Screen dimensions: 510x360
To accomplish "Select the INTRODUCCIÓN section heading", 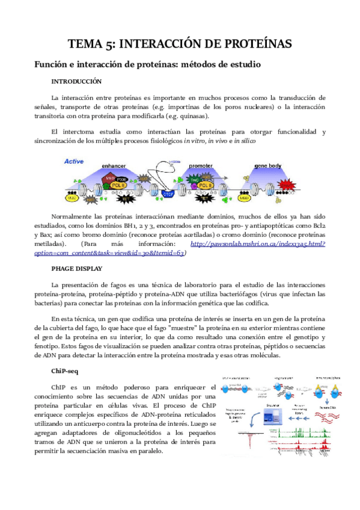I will coord(76,81).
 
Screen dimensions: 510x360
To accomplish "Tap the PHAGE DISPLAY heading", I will coord(76,269).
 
